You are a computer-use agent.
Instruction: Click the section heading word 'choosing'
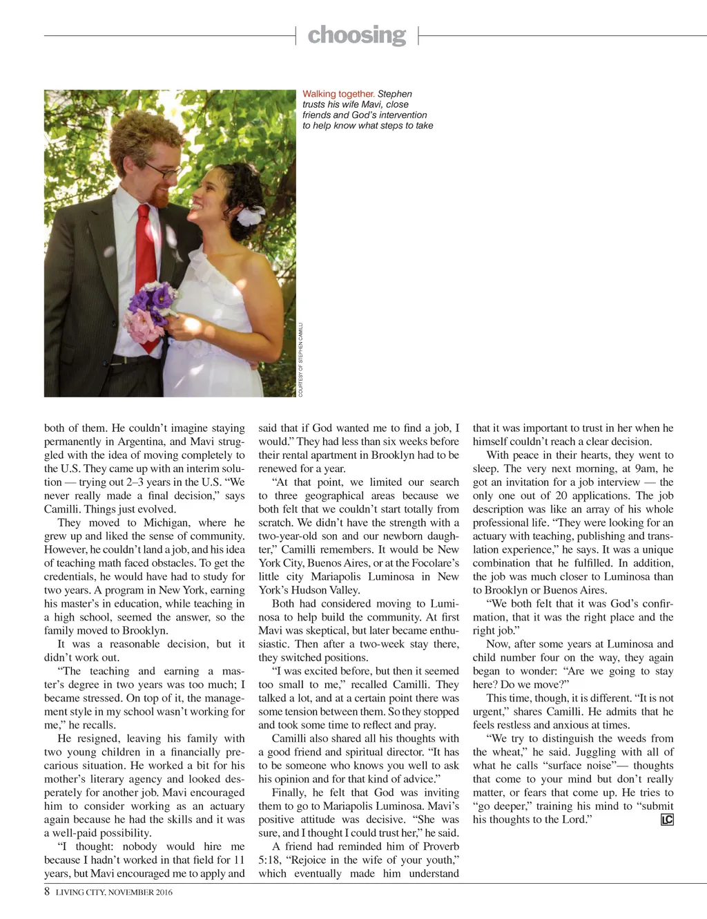(x=356, y=35)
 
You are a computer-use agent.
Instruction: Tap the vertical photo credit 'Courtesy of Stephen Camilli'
(x=301, y=359)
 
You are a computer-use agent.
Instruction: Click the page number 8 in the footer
(x=47, y=891)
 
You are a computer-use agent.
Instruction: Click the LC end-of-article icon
(x=667, y=819)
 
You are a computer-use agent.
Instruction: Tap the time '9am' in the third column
(x=646, y=468)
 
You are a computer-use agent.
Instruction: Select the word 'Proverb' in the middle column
(x=437, y=846)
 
